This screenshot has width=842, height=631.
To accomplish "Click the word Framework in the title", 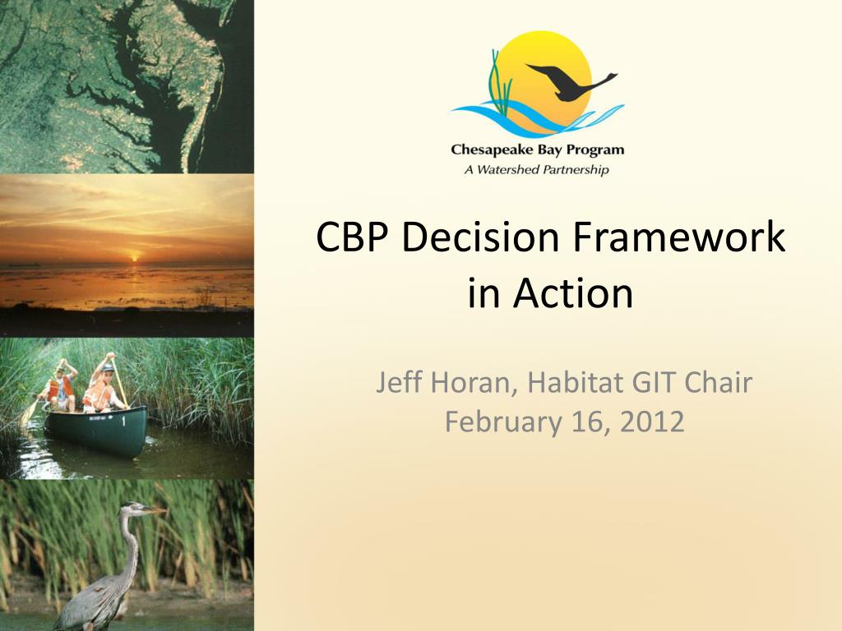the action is coord(678,237).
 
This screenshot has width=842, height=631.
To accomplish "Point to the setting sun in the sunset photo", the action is coord(134,259).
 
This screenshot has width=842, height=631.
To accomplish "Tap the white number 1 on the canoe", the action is coord(123,421).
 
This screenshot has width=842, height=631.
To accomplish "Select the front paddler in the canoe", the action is coord(103,385).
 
